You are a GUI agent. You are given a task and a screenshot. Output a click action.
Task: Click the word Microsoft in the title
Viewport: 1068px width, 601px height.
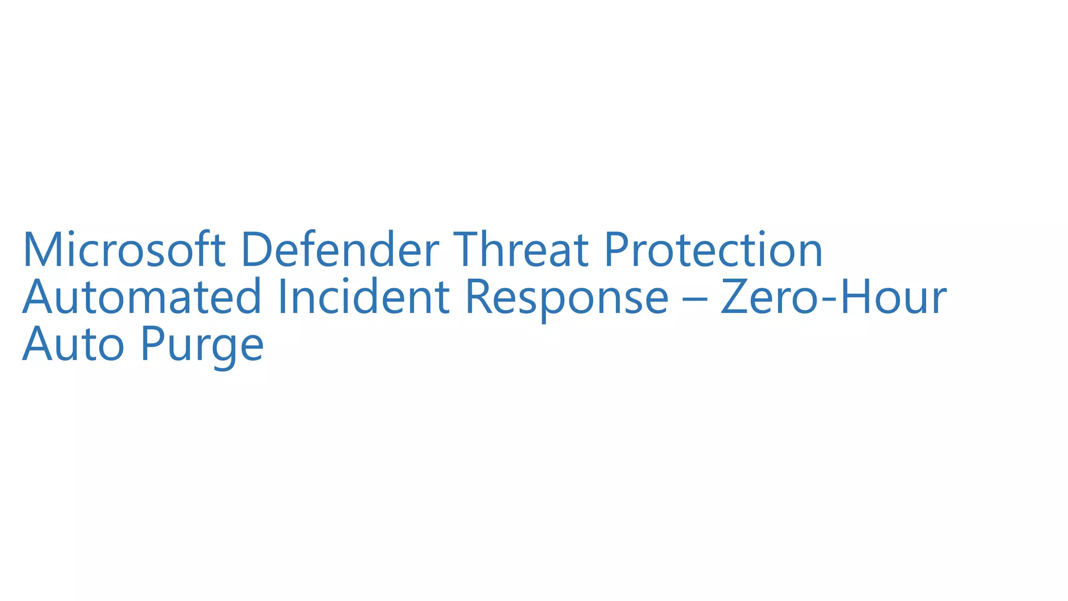point(124,250)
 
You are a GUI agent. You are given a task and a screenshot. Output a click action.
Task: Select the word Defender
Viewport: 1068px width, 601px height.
point(340,250)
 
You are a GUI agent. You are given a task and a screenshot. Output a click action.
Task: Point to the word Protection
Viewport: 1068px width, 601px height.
point(713,250)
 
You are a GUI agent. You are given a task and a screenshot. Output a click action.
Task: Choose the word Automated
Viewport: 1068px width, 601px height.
point(142,297)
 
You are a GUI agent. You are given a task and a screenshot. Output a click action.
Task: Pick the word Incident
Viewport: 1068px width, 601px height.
point(364,297)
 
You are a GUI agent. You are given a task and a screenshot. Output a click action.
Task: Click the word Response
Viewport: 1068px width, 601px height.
point(566,297)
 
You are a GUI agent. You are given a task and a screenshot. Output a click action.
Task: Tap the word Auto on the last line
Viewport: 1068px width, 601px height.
point(73,344)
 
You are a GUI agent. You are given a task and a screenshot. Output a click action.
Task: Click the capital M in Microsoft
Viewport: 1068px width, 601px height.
point(43,250)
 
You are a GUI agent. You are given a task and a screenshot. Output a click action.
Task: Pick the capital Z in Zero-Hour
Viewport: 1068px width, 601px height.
point(736,297)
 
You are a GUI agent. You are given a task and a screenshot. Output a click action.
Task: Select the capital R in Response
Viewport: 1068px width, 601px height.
point(480,297)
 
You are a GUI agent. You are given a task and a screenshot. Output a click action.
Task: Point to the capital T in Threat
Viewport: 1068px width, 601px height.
point(469,250)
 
